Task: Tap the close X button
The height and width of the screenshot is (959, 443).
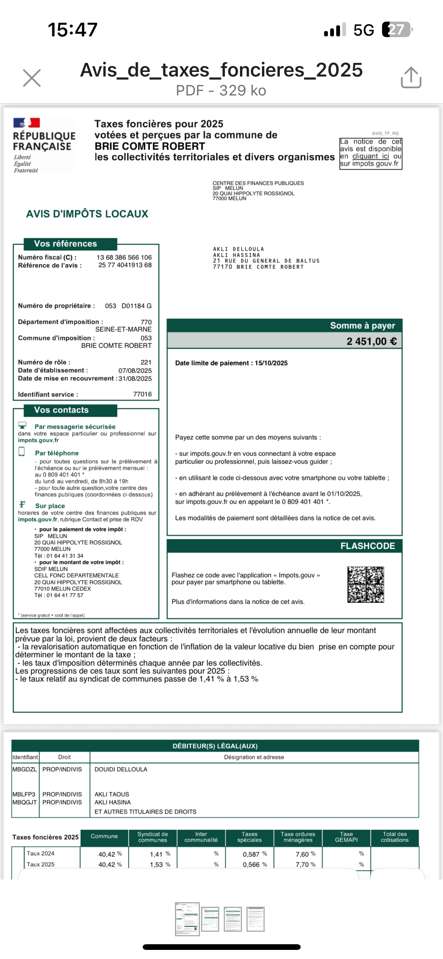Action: (x=32, y=78)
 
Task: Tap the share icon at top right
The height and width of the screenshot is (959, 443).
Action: (x=411, y=78)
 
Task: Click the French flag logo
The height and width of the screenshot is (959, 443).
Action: (x=27, y=123)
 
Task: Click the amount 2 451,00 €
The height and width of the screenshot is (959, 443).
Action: (x=371, y=341)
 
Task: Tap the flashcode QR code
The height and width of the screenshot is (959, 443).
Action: (x=366, y=584)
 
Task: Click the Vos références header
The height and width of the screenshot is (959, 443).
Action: (x=66, y=244)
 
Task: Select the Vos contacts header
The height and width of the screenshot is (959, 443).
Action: (x=61, y=410)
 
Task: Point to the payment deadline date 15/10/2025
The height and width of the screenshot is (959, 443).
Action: (x=271, y=363)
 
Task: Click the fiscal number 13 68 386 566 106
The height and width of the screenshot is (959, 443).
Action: (x=124, y=257)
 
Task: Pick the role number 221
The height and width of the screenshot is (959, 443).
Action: (x=146, y=362)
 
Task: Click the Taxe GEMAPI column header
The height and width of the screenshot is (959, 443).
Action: (x=346, y=837)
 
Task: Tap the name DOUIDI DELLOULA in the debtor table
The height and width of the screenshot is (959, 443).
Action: (x=121, y=769)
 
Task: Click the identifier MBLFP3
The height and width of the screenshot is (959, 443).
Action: (x=24, y=794)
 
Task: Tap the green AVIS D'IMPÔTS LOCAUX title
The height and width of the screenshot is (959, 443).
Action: (x=87, y=214)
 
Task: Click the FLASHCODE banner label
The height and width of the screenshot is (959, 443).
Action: (x=368, y=546)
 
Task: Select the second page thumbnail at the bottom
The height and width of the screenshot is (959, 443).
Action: (x=210, y=919)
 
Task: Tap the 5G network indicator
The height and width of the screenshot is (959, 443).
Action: (x=363, y=30)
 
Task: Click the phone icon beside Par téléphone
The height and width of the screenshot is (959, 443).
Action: (x=22, y=451)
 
